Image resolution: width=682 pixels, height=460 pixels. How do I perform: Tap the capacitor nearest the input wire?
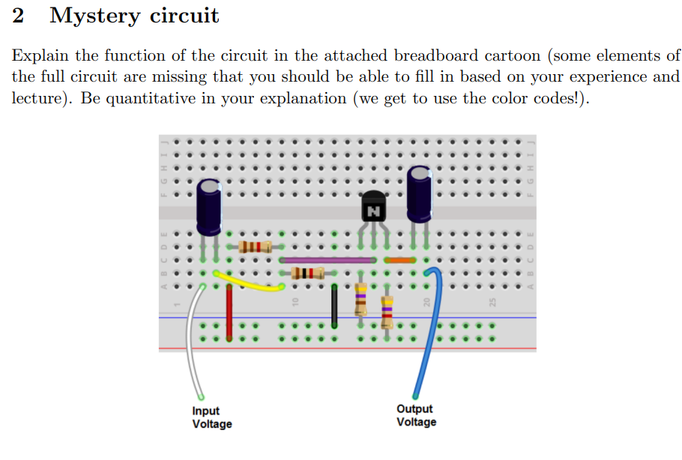pyautogui.click(x=209, y=208)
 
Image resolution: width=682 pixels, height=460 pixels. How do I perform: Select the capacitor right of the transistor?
pyautogui.click(x=420, y=195)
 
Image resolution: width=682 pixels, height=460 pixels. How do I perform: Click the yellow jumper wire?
pyautogui.click(x=249, y=281)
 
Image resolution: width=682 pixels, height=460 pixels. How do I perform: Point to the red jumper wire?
pyautogui.click(x=229, y=312)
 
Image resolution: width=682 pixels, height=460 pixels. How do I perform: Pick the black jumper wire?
pyautogui.click(x=334, y=306)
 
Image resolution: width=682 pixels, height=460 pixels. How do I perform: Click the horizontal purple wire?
pyautogui.click(x=328, y=260)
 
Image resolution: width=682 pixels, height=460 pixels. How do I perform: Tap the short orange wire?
pyautogui.click(x=399, y=260)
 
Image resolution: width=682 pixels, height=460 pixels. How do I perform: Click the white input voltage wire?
pyautogui.click(x=193, y=342)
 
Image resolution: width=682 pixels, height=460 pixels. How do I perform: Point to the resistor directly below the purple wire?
pyautogui.click(x=307, y=273)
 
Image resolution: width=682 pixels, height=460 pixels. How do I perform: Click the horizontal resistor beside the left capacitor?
pyautogui.click(x=256, y=247)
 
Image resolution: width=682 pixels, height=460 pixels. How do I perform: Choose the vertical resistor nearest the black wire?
pyautogui.click(x=360, y=298)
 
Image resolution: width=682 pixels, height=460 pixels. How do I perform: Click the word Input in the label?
pyautogui.click(x=206, y=411)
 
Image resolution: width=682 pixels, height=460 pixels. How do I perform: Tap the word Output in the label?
pyautogui.click(x=414, y=409)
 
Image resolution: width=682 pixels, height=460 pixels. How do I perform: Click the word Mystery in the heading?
pyautogui.click(x=95, y=16)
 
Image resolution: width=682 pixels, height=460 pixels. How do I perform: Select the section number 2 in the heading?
pyautogui.click(x=18, y=15)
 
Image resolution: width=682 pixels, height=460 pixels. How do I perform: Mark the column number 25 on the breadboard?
pyautogui.click(x=492, y=302)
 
